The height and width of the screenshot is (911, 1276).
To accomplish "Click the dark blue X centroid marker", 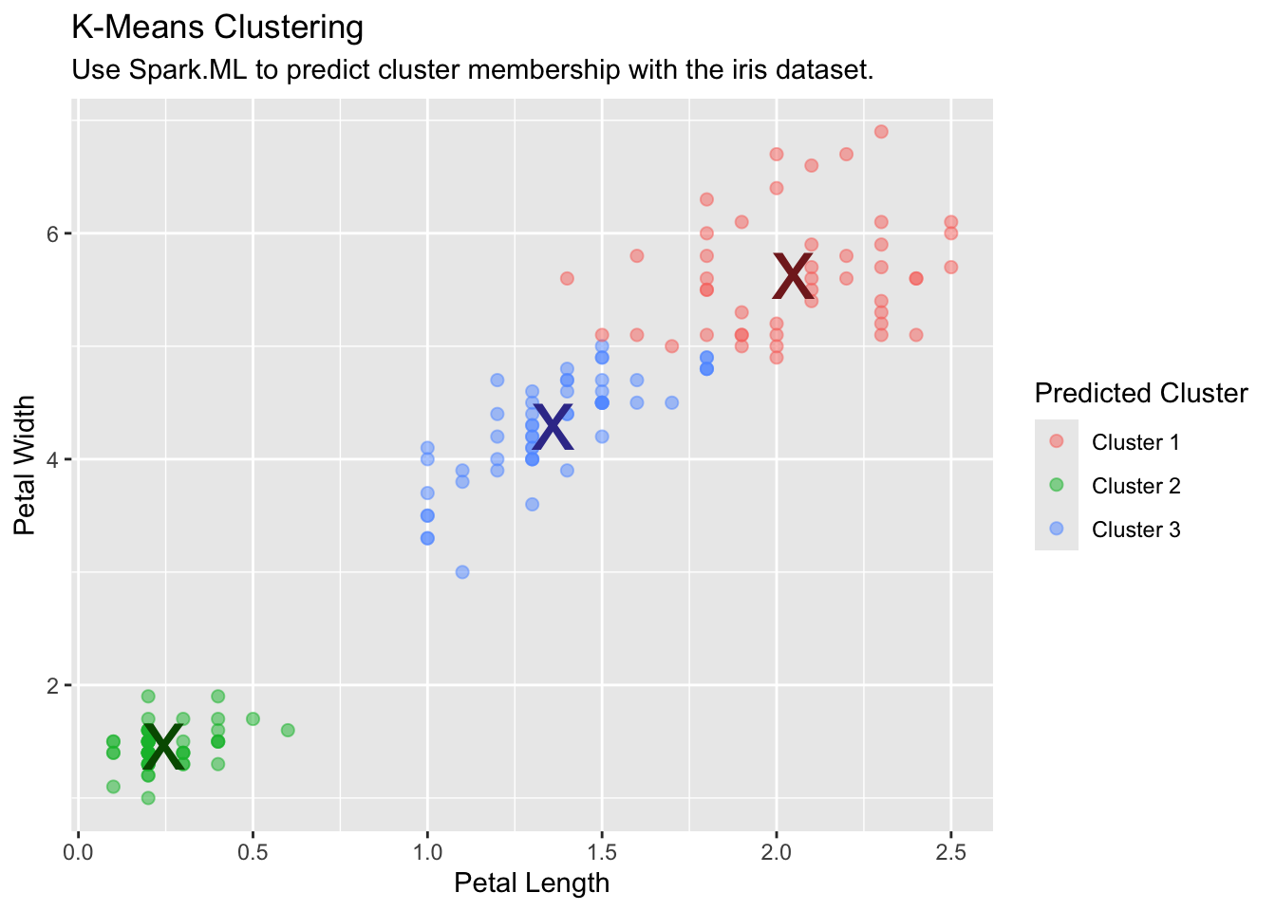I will pyautogui.click(x=553, y=428).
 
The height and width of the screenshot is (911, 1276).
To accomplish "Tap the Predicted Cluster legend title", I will pyautogui.click(x=1140, y=393).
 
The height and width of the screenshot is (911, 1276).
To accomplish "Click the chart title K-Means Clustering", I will pyautogui.click(x=217, y=28).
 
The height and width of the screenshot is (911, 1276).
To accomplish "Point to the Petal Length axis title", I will pyautogui.click(x=532, y=883).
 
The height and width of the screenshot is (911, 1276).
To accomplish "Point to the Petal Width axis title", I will pyautogui.click(x=26, y=465).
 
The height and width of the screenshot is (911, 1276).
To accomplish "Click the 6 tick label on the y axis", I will pyautogui.click(x=54, y=233).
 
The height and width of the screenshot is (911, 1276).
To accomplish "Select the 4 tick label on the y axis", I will pyautogui.click(x=54, y=459).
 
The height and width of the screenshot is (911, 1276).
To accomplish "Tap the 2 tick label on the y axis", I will pyautogui.click(x=54, y=685).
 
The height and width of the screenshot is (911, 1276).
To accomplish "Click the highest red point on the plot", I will pyautogui.click(x=881, y=132).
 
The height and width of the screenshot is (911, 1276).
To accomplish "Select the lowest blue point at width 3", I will pyautogui.click(x=462, y=572).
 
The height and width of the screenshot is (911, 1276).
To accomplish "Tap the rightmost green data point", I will pyautogui.click(x=288, y=730).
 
